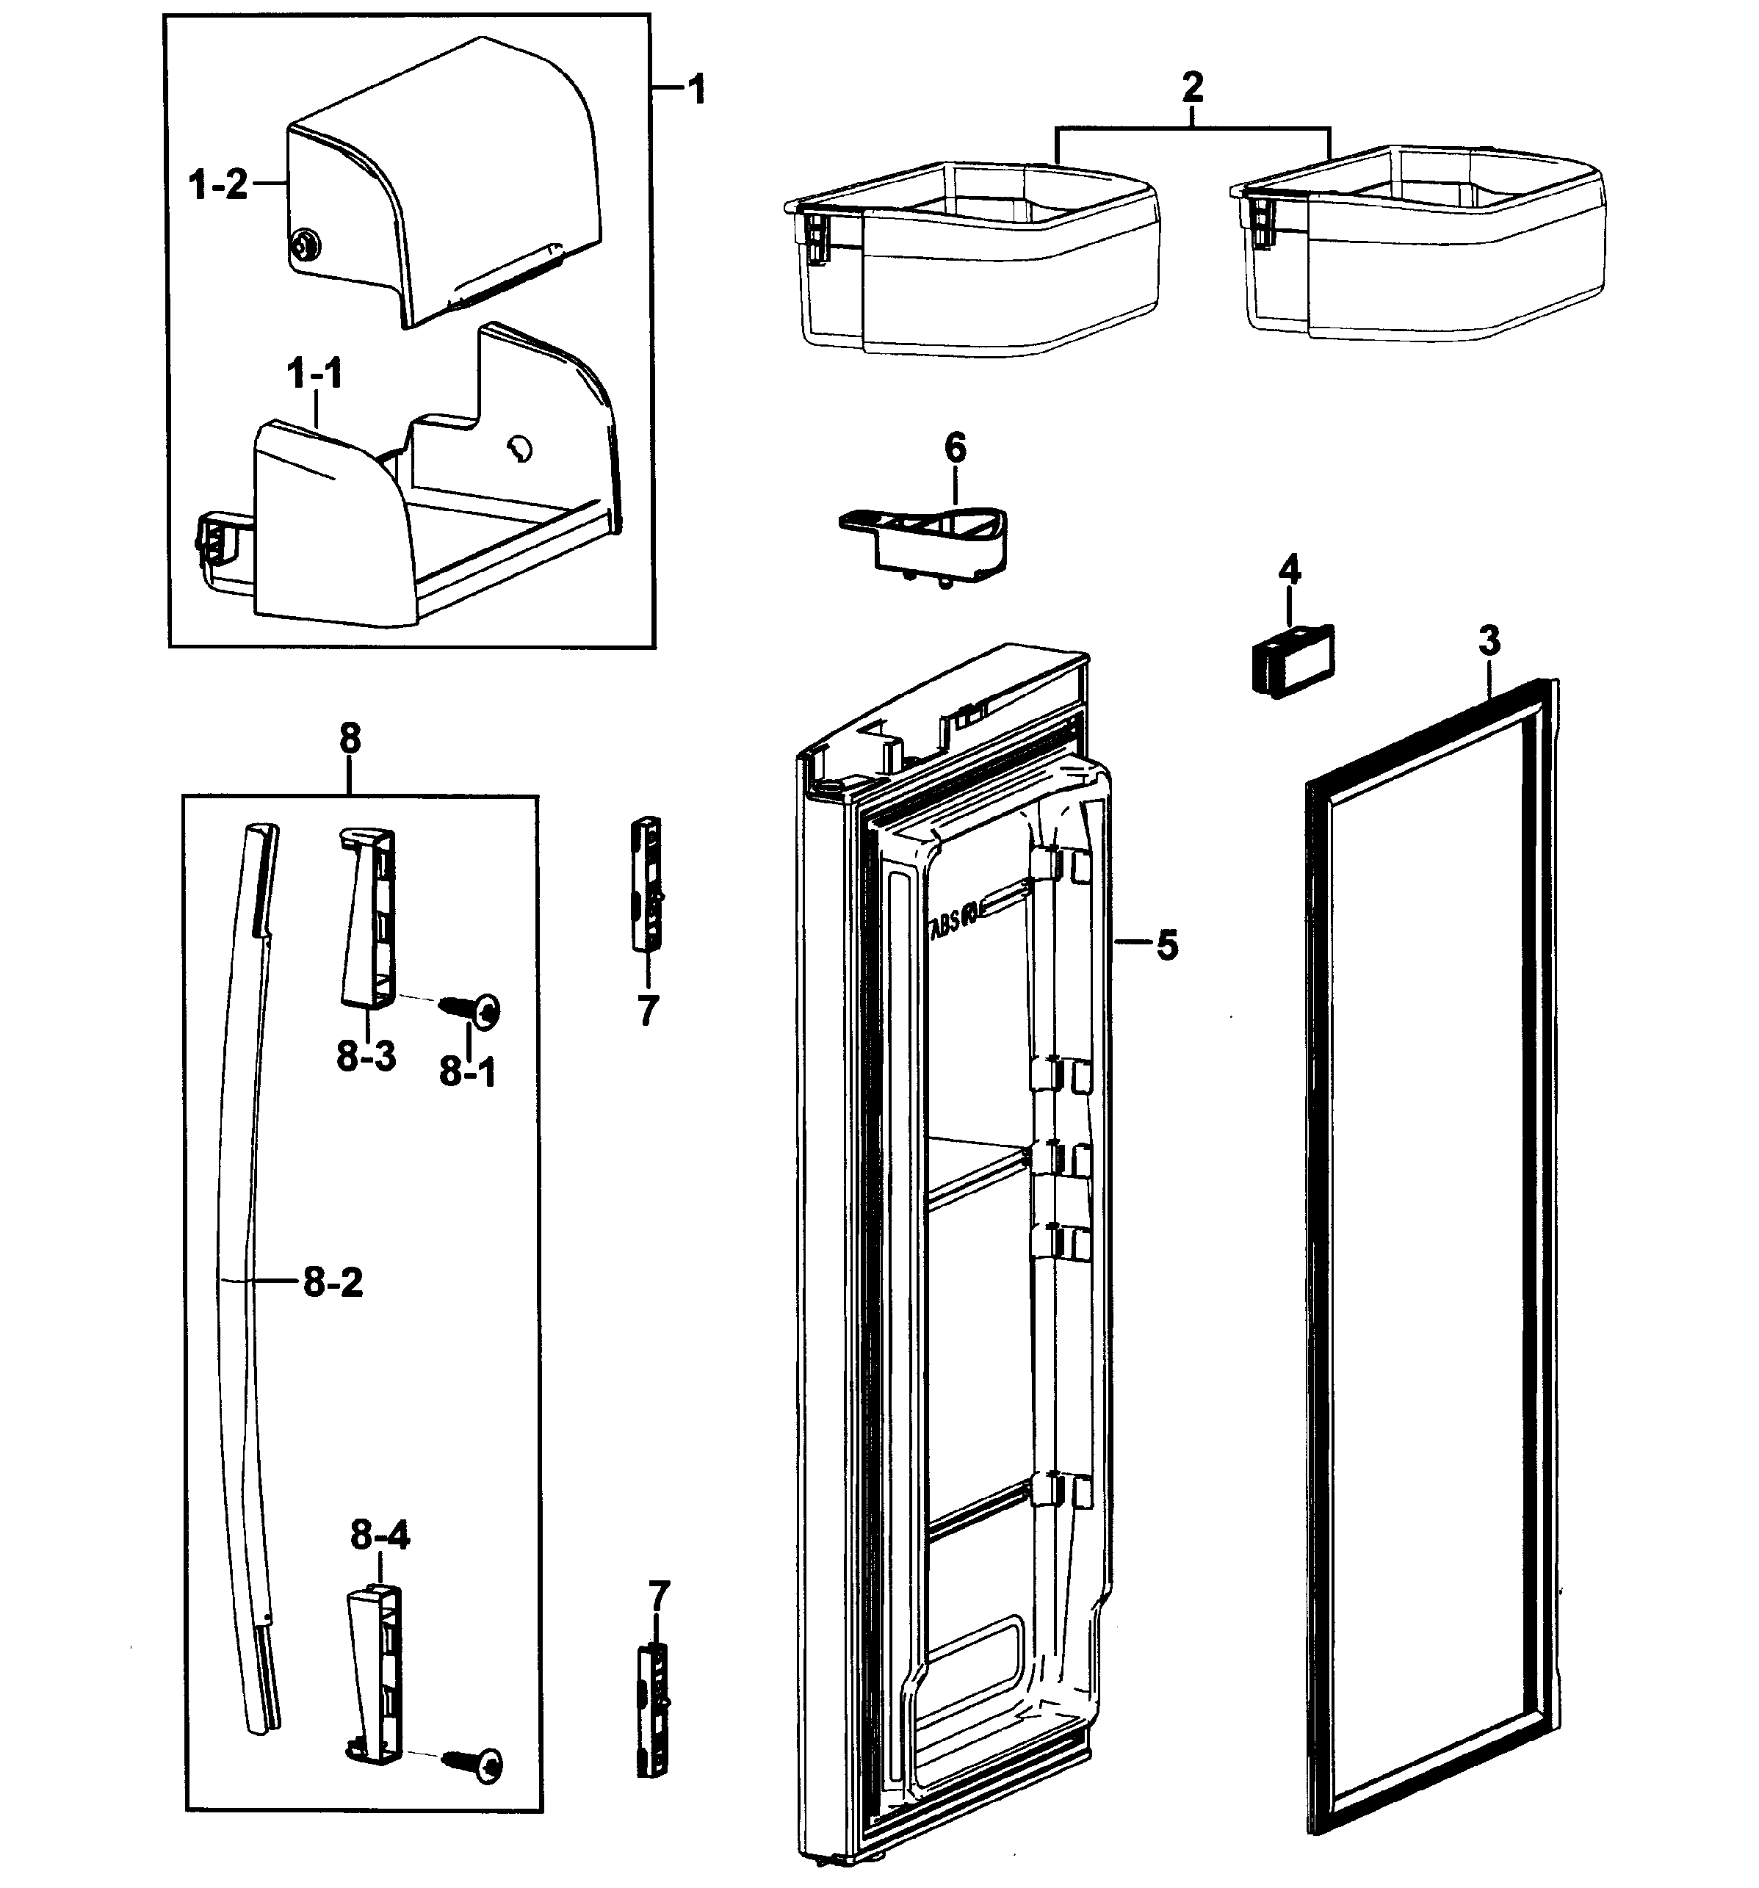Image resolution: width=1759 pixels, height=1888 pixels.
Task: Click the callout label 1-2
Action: [x=218, y=184]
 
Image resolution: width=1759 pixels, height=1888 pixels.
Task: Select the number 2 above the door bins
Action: [x=1192, y=88]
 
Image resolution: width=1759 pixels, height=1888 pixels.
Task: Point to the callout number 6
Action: [x=955, y=447]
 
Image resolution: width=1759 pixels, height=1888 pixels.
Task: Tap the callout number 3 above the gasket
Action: [x=1489, y=642]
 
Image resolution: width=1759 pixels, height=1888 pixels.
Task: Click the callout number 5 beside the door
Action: [x=1166, y=946]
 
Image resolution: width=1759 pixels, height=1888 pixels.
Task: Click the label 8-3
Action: [x=366, y=1056]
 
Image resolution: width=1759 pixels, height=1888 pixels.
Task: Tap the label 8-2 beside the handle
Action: [x=333, y=1283]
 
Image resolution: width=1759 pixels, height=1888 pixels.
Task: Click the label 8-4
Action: [x=380, y=1536]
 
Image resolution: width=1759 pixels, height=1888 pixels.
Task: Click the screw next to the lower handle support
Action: [x=475, y=1765]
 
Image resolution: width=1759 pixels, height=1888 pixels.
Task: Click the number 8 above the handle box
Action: [x=350, y=738]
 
